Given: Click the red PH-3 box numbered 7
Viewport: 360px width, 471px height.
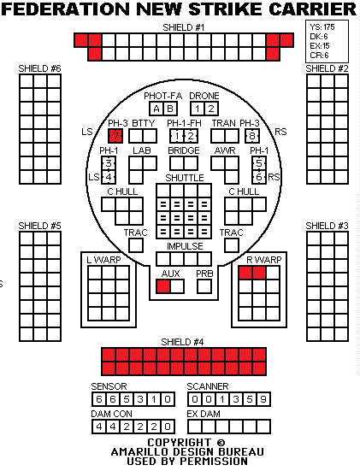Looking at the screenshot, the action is coord(115,136).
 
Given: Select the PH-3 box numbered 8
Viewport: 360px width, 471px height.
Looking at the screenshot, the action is coord(252,136).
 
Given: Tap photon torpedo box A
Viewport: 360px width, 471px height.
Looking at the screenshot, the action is coord(156,109).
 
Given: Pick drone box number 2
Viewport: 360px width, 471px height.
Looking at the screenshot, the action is coord(211,109).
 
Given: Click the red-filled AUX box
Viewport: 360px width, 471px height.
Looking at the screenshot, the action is coord(163,286).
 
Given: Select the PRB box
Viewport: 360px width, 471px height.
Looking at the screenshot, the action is coord(204,286).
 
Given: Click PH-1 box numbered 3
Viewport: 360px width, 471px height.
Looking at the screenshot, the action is coord(109,163).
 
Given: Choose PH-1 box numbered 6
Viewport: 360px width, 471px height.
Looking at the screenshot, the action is coord(259,177).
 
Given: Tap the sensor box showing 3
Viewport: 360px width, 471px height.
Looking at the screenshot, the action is coord(140,399).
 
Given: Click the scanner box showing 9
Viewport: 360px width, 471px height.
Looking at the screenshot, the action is coord(263,399).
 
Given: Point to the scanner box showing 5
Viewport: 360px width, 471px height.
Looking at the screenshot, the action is coord(250,399).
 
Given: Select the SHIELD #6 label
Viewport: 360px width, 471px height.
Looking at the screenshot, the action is coord(39,68).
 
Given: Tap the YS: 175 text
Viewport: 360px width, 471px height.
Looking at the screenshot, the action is coord(322,27).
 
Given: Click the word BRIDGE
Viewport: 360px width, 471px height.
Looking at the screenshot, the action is coord(184,150).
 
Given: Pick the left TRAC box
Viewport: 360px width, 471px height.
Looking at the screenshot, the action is coord(136,245).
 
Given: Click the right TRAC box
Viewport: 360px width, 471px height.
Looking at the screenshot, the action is coord(232,245).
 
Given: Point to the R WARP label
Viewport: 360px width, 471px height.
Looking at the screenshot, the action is coord(264,260).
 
